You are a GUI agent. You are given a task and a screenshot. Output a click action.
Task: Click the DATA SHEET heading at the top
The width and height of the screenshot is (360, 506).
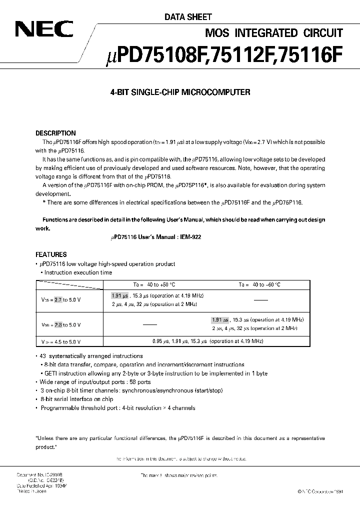point(188,17)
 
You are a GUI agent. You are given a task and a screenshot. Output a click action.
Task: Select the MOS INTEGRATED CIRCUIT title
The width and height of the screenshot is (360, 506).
point(274,33)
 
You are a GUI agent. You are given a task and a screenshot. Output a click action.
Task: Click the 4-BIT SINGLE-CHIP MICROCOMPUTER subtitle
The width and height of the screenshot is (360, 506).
point(179,92)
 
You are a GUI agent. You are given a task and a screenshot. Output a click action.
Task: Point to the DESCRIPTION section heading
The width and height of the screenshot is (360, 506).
point(56,133)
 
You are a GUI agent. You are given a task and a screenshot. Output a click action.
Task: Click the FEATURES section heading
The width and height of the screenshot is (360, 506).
point(51,254)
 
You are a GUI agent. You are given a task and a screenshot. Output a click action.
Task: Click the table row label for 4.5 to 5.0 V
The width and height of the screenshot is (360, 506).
point(61,341)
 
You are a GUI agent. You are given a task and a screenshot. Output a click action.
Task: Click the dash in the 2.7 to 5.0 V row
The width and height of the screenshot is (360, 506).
point(260,300)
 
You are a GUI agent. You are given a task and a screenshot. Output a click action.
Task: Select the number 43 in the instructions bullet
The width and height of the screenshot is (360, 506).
point(43,356)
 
